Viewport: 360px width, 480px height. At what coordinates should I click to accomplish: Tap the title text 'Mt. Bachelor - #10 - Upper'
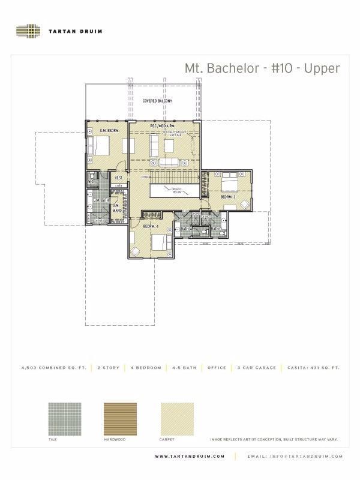point(262,68)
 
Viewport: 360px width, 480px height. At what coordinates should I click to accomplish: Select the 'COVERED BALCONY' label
point(157,101)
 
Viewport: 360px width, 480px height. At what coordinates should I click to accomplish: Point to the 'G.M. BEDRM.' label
point(110,130)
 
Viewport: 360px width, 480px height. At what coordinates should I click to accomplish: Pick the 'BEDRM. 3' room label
point(227,197)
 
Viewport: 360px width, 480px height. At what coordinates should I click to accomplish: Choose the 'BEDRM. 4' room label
point(150,226)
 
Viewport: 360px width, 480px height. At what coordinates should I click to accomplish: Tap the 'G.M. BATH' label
point(100,200)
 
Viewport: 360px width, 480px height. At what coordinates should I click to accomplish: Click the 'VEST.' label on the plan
point(119,178)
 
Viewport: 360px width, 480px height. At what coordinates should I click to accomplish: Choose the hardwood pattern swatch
point(120,418)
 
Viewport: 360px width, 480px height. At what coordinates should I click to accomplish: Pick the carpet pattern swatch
point(177,418)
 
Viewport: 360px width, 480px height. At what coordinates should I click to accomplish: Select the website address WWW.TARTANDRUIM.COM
point(190,457)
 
